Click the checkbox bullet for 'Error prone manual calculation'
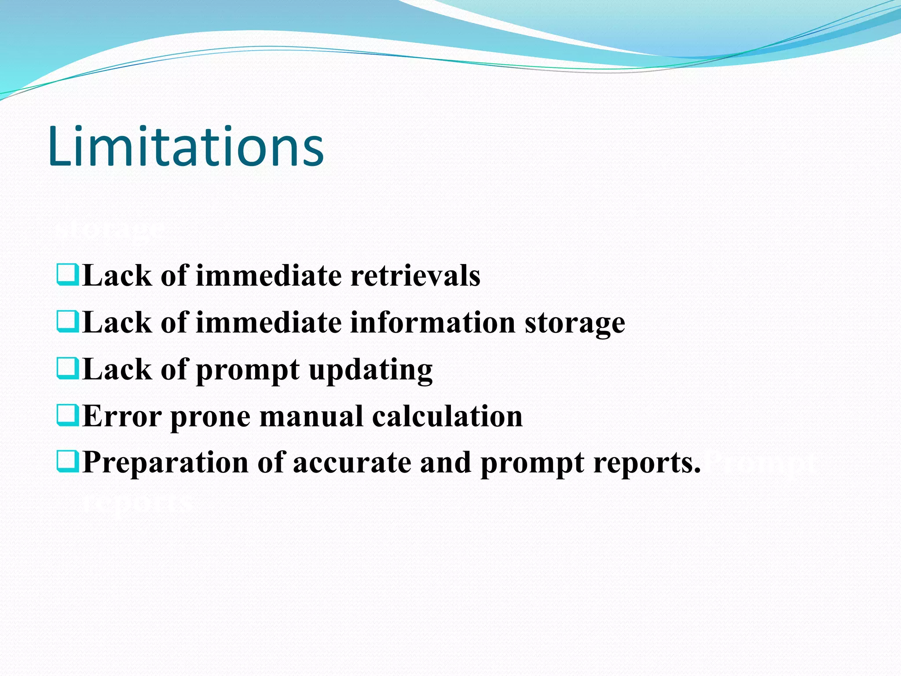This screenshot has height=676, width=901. (68, 415)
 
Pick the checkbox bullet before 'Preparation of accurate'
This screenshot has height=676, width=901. (68, 461)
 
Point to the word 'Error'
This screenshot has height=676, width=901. (122, 416)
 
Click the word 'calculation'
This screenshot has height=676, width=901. (447, 416)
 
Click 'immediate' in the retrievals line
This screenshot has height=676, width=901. (268, 276)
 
